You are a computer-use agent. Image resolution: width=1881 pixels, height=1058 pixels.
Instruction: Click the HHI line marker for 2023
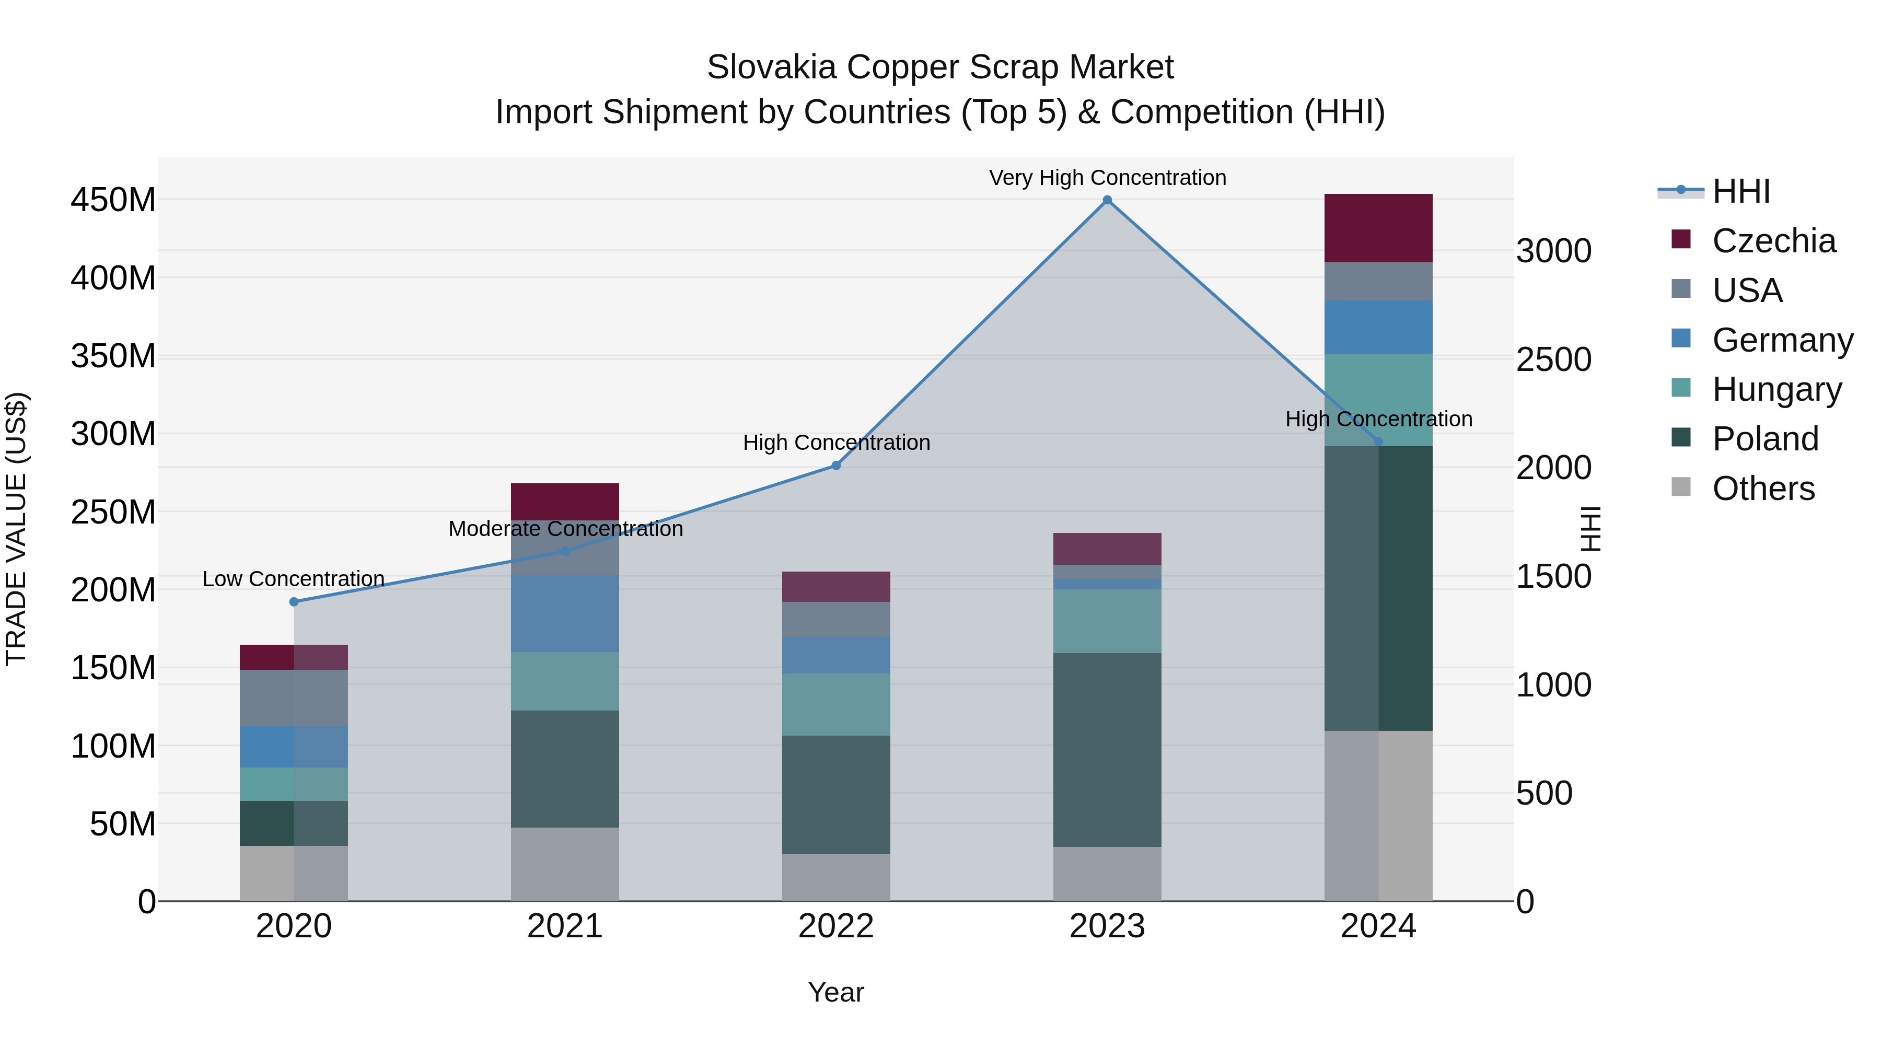(x=1107, y=200)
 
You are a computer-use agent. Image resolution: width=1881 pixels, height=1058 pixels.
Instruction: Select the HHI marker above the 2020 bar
(x=294, y=602)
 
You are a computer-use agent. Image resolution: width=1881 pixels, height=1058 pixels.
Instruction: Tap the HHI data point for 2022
(x=836, y=465)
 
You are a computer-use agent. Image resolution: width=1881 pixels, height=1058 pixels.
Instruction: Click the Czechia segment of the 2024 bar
(x=1378, y=228)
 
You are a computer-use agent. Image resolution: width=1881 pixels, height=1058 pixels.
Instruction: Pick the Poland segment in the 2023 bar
(x=1107, y=749)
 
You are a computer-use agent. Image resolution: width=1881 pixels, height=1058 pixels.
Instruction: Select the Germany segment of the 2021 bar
(x=564, y=613)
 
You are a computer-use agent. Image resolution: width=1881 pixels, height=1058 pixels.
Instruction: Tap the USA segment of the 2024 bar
(x=1378, y=281)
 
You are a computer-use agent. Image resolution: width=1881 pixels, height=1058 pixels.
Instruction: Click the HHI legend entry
(x=1741, y=191)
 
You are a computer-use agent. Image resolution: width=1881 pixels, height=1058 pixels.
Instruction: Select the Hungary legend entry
(x=1776, y=389)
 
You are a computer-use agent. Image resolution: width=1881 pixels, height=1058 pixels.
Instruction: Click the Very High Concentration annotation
(x=1107, y=178)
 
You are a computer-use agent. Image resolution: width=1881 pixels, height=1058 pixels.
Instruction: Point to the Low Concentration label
(x=294, y=578)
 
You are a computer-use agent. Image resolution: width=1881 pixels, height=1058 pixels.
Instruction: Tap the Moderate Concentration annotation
(x=565, y=529)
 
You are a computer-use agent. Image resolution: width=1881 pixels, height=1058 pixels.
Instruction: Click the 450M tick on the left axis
(x=113, y=200)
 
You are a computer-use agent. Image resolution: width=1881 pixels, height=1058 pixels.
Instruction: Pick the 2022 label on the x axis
(x=836, y=926)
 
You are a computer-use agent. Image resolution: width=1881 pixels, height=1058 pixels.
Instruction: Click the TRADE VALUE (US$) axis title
(x=16, y=529)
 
